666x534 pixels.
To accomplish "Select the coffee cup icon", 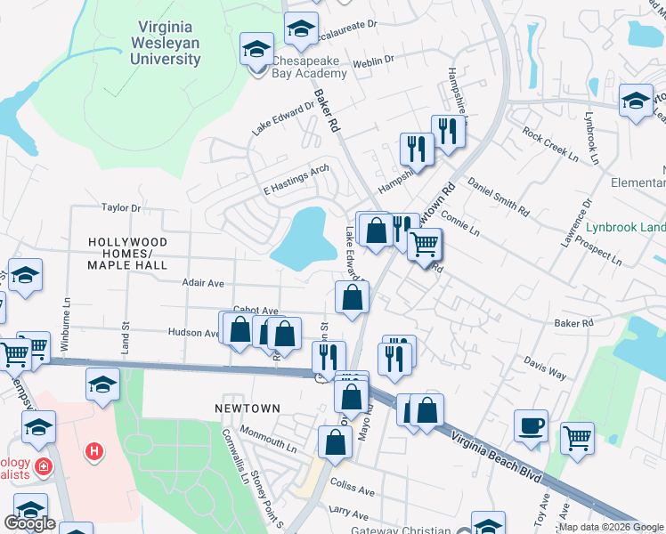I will point(531,425).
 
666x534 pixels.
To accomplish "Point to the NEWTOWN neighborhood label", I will point(248,409).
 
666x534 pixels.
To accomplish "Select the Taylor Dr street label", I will point(121,207).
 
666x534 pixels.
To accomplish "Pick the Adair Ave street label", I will point(202,282).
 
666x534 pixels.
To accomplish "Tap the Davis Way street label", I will point(545,369).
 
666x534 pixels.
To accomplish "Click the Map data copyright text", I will point(611,527).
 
